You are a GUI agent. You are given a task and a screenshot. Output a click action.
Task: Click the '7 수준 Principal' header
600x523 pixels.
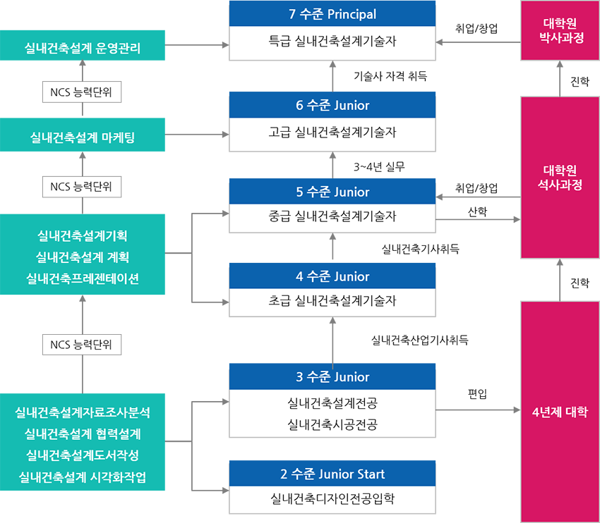(332, 14)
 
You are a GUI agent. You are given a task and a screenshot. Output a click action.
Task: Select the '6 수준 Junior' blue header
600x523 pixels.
(332, 106)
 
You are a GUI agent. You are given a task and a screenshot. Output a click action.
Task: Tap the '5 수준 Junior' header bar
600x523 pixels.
(332, 192)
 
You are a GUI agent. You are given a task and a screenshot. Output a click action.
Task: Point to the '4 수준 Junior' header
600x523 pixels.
(332, 277)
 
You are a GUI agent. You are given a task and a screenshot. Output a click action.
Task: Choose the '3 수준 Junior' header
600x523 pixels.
(332, 377)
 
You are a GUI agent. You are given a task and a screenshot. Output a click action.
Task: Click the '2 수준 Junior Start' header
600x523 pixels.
(332, 474)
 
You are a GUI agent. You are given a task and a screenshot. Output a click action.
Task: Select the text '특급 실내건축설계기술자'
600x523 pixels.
(332, 42)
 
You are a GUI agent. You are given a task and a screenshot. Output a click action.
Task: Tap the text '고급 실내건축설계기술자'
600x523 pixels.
(332, 132)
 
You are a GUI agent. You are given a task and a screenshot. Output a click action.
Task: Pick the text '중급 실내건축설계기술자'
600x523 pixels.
(332, 216)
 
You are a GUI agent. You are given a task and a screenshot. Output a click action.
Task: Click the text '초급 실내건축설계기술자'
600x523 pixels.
(332, 301)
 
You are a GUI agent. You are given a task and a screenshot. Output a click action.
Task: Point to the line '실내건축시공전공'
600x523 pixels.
(332, 424)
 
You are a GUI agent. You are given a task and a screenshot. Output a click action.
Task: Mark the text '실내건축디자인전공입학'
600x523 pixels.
(332, 499)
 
